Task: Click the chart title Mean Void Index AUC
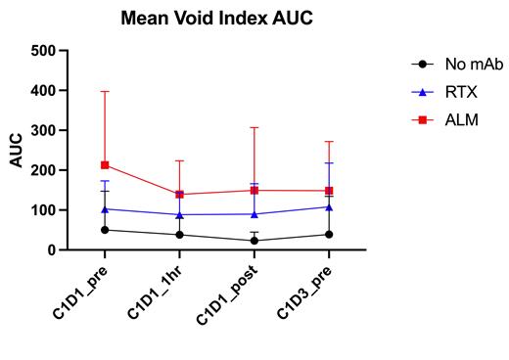(218, 18)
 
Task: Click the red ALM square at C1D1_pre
(105, 165)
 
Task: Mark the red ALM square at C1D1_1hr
(179, 194)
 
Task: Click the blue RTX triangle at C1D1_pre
(105, 208)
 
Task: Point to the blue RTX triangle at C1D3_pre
(329, 206)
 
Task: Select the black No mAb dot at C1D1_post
(254, 241)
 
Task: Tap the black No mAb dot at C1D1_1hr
(179, 235)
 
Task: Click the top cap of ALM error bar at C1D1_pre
(105, 91)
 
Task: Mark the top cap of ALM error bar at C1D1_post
(254, 127)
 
